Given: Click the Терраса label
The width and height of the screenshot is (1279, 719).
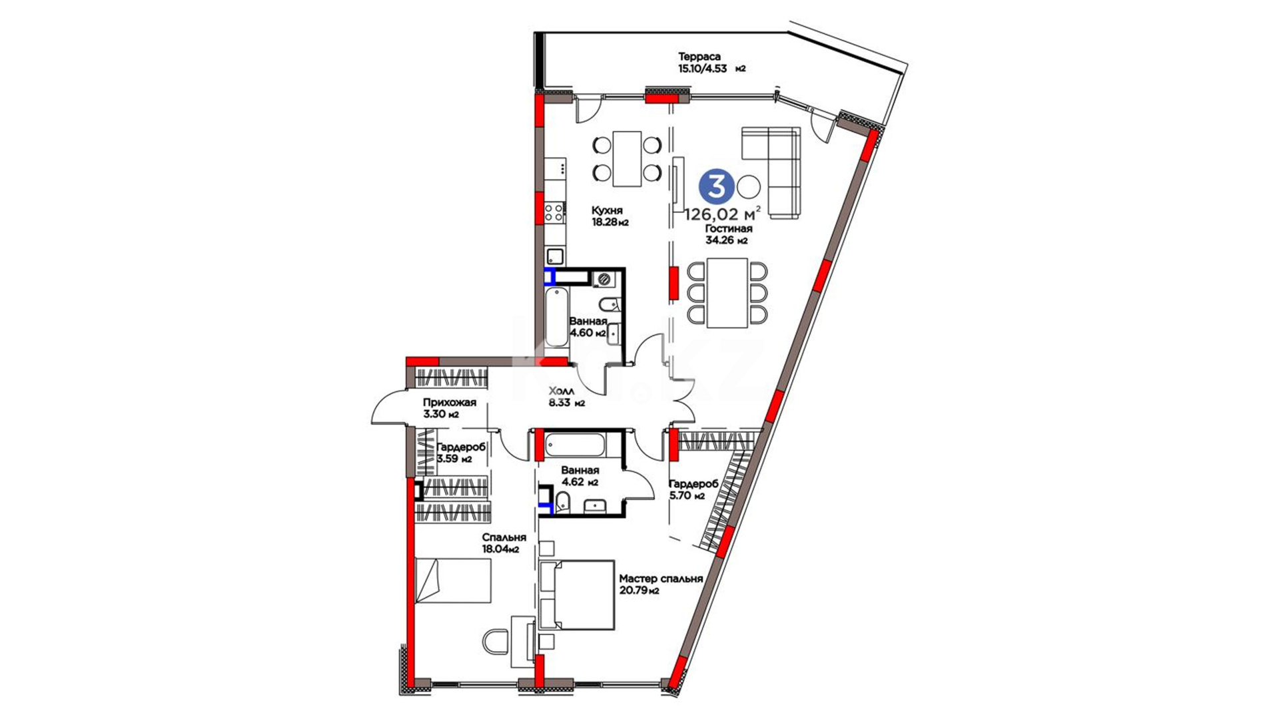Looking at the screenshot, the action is (x=699, y=57).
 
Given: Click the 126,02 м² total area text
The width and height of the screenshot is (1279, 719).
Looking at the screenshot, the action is (x=723, y=214).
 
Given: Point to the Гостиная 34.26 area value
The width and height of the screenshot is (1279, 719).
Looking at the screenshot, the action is (x=726, y=240).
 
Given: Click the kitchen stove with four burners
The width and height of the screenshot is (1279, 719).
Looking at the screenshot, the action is (x=554, y=213).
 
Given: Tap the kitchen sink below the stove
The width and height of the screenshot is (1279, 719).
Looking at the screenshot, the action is (x=554, y=256).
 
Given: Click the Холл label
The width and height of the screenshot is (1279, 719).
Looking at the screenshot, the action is (x=561, y=391).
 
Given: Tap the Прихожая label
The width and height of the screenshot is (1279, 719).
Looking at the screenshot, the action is (x=450, y=402).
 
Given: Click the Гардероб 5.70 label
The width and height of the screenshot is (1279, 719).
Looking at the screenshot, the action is (x=693, y=484).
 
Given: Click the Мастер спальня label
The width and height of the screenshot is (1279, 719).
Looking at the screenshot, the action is (x=661, y=579).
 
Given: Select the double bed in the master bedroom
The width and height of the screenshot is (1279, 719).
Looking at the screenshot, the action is (x=577, y=595).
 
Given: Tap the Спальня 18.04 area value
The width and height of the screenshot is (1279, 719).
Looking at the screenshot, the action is (x=501, y=549).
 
